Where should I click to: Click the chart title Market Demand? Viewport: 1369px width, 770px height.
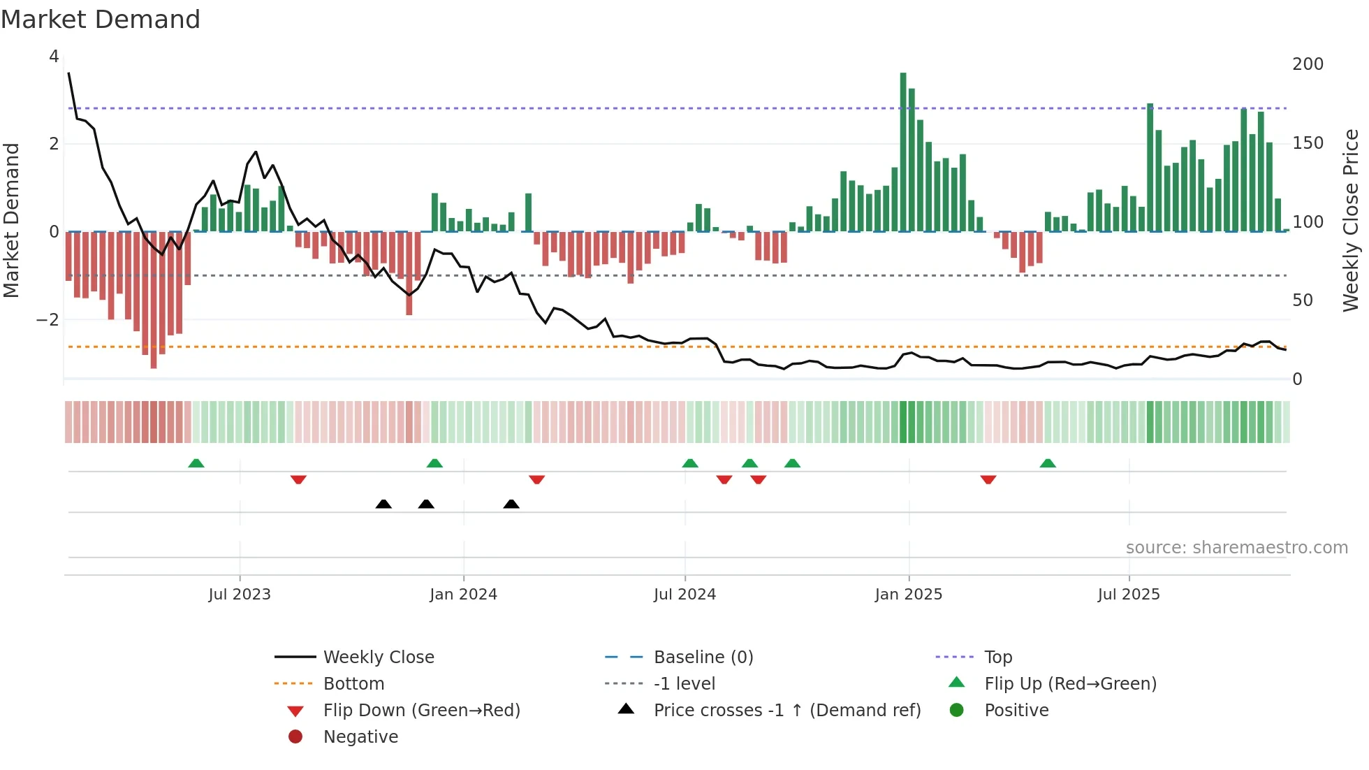[101, 20]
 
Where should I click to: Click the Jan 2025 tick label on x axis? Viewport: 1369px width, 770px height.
[908, 595]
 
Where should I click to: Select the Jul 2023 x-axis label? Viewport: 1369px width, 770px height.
[240, 595]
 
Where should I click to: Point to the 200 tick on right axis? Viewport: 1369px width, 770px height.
[1308, 64]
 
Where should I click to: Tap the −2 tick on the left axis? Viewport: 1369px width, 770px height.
[48, 320]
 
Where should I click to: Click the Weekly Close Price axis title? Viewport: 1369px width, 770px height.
[1351, 220]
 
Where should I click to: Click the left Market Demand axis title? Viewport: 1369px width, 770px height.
[12, 220]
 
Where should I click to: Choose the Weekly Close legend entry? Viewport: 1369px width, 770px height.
[378, 658]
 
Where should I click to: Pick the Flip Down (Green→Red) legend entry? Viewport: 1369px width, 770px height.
[421, 711]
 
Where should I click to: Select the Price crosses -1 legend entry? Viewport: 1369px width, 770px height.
[786, 711]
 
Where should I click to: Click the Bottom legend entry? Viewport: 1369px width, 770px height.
[353, 684]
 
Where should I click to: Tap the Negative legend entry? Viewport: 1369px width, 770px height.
[360, 737]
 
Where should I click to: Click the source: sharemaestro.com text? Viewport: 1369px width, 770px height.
[1236, 548]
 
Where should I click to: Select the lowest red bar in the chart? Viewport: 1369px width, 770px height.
[154, 300]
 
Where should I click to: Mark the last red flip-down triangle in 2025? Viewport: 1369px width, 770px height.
[988, 480]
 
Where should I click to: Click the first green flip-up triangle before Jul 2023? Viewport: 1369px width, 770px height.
[196, 463]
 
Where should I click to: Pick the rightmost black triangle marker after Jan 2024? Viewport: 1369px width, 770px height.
[511, 504]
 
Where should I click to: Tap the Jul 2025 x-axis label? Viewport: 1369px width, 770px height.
[1128, 595]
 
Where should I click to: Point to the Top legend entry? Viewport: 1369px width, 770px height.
[997, 658]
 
